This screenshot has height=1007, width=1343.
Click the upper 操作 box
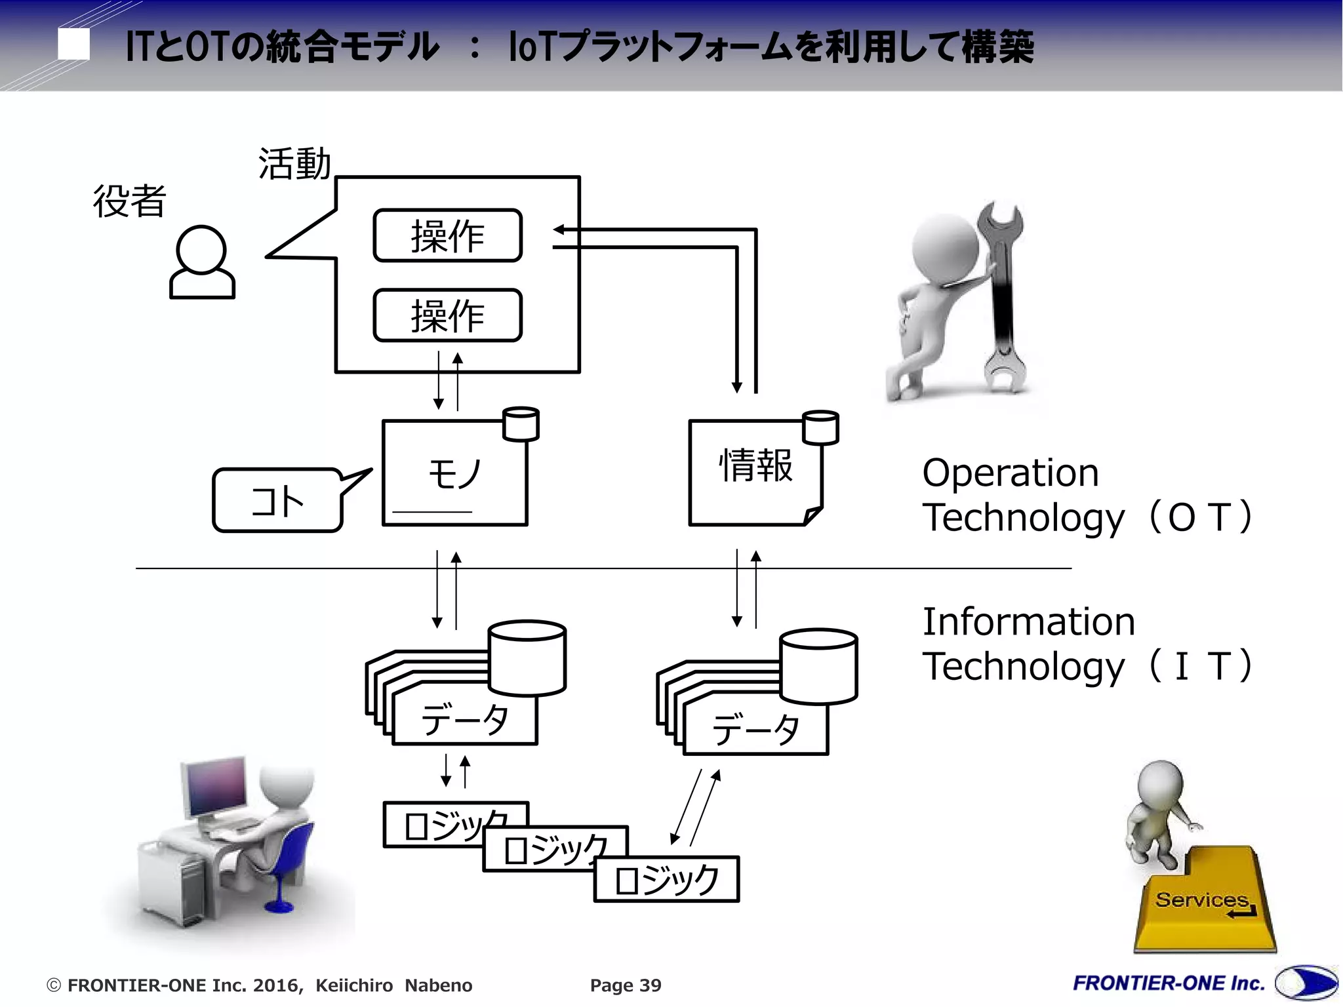tap(447, 235)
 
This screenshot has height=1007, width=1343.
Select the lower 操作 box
tap(447, 315)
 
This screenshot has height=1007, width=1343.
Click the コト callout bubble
tap(277, 501)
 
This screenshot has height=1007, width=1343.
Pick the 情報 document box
tap(755, 472)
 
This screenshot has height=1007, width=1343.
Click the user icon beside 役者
tap(202, 262)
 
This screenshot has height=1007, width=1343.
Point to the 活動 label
tap(294, 163)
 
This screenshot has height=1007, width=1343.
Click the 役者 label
tap(129, 201)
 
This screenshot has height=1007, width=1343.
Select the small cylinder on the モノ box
tap(521, 424)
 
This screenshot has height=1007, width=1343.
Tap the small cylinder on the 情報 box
tap(821, 427)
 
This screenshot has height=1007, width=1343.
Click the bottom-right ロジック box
tap(666, 880)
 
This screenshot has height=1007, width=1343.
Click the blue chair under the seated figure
tap(289, 865)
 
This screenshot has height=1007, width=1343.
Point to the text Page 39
tap(626, 985)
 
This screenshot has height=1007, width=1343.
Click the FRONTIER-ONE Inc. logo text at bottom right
tap(1169, 983)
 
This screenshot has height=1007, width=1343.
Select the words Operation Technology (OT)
tap(1085, 495)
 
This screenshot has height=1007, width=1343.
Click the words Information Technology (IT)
tap(1085, 644)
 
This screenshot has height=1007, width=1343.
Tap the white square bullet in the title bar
tap(73, 45)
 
